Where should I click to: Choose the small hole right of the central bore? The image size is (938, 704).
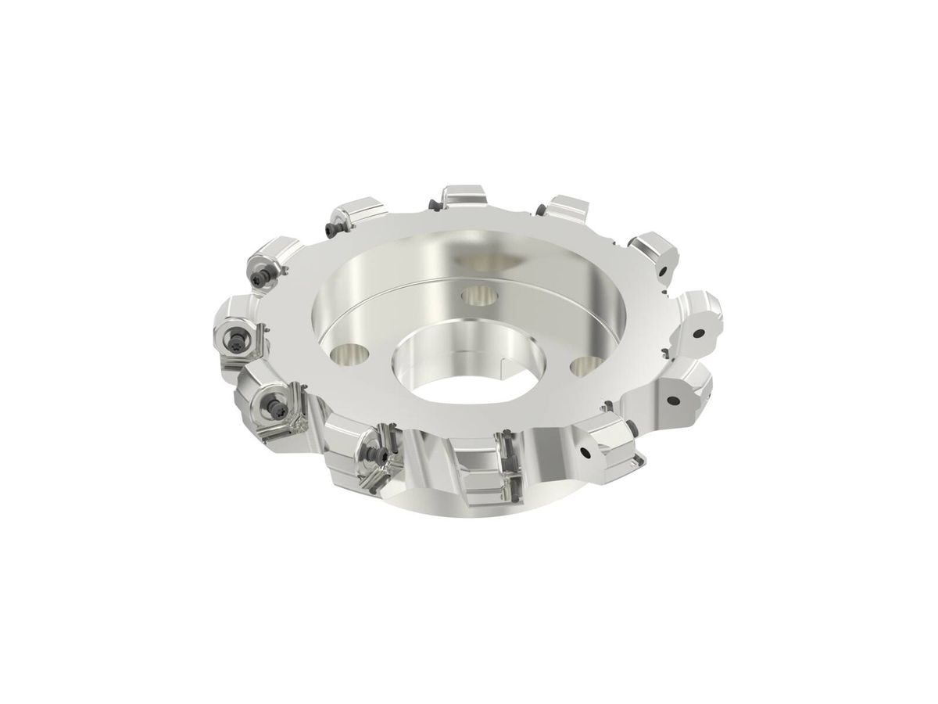(x=584, y=365)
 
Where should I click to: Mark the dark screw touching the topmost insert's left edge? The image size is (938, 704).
(x=435, y=206)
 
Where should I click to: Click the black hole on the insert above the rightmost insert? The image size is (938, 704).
(x=663, y=271)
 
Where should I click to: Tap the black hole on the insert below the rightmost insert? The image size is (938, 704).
(x=672, y=399)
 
